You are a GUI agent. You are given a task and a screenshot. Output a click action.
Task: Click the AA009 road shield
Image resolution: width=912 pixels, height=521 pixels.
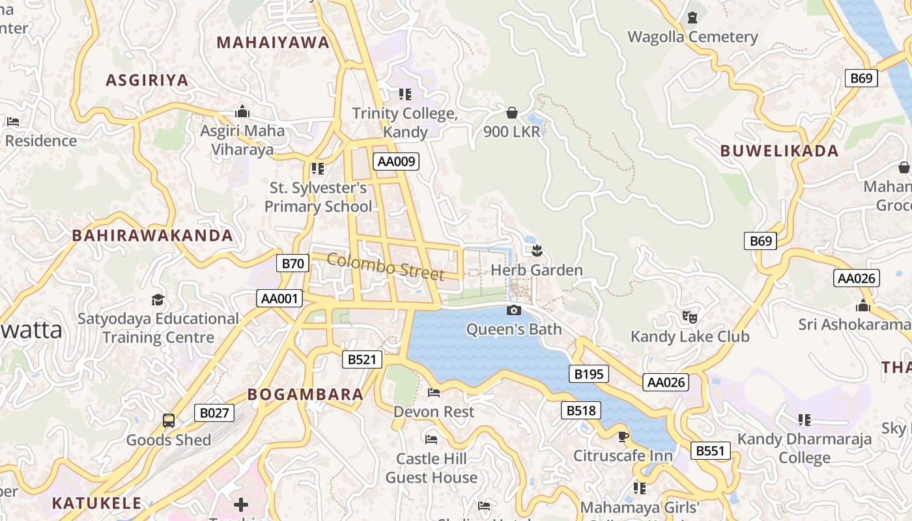pos(396,162)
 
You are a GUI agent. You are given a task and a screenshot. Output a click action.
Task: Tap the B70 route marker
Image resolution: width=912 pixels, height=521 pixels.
pos(293,263)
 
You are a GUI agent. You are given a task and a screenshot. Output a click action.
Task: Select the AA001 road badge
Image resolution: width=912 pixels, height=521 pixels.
pos(279,299)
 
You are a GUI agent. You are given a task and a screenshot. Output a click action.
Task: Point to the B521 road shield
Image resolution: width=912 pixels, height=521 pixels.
pos(362,359)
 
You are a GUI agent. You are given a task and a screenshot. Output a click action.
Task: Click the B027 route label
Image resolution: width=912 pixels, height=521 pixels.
pos(214,413)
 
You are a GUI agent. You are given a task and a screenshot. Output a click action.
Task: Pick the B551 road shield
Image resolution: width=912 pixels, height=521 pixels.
pos(711,451)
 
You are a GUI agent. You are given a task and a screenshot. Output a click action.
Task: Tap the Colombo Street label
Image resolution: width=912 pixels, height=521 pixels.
pos(385,266)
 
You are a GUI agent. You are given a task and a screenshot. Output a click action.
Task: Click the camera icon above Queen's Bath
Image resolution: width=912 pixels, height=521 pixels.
pos(514,311)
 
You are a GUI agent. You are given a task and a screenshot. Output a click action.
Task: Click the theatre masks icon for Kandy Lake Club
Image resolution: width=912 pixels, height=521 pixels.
pos(690,317)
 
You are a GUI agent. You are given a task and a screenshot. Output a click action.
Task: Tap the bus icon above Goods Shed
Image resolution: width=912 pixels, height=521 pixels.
pos(169,421)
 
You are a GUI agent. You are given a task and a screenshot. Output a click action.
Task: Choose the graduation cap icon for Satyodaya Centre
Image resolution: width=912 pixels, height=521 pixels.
pos(158,300)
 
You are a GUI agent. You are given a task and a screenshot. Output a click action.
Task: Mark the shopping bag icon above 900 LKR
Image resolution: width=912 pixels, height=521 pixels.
pos(512,113)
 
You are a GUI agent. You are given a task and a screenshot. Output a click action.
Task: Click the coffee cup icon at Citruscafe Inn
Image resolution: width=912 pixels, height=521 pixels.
pos(623,436)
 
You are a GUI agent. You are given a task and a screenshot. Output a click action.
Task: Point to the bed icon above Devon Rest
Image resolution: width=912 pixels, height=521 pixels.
pos(434,393)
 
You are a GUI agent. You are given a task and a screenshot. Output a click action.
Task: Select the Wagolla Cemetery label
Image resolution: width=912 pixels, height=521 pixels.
pos(692,37)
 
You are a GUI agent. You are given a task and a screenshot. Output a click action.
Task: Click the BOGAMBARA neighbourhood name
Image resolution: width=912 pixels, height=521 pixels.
pos(306,395)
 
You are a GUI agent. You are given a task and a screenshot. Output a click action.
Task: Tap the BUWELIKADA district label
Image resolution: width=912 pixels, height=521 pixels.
pos(779,151)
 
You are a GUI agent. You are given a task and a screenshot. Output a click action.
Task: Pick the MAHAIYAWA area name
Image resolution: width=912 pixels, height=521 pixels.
pos(274,43)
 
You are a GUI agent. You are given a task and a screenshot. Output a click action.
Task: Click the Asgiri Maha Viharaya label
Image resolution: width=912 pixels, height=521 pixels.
pos(242,140)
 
